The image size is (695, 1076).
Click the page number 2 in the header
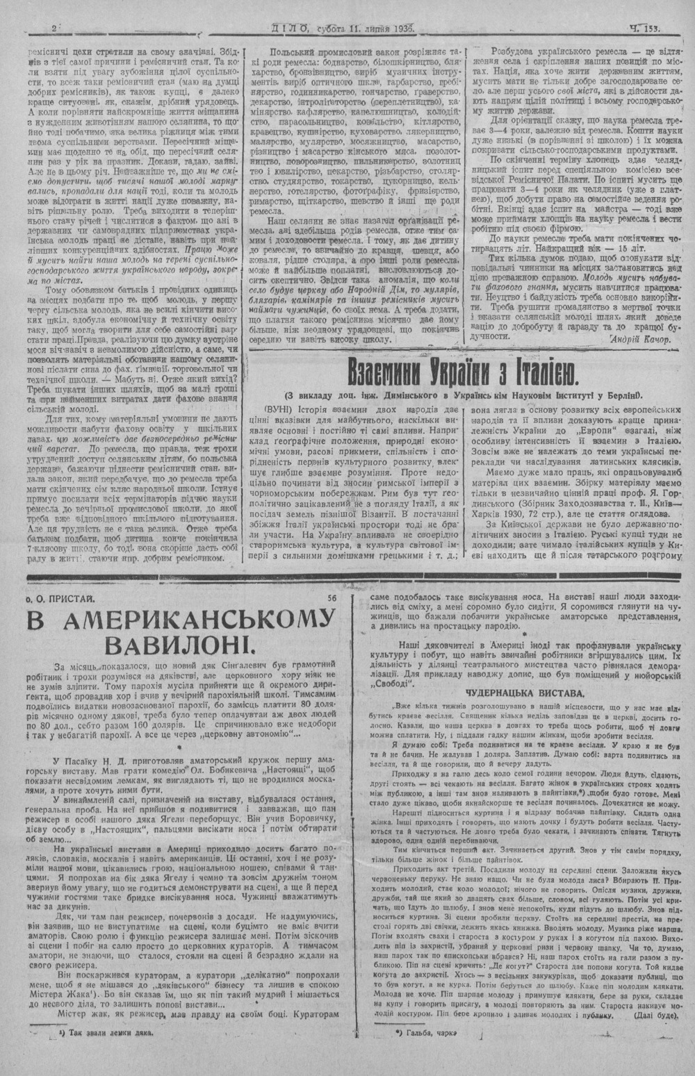(x=54, y=28)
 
